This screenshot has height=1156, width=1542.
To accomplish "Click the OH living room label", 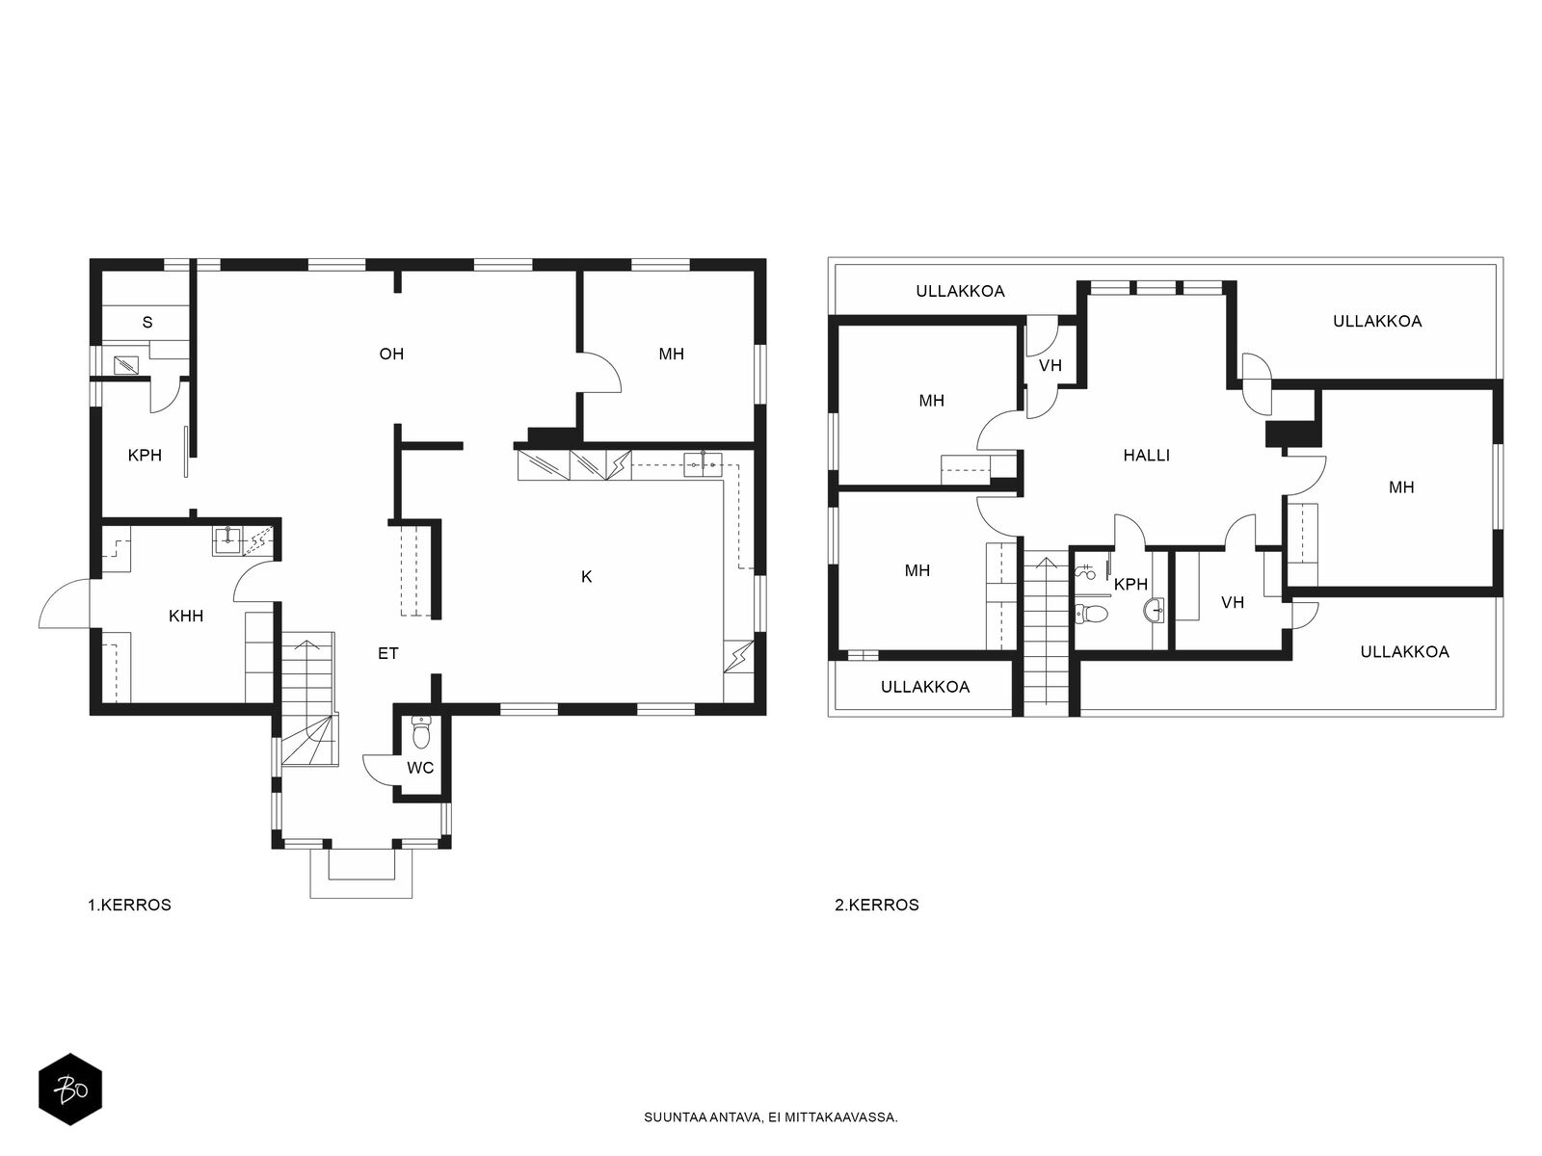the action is tap(391, 354).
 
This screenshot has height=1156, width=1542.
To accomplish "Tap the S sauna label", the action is tap(147, 322).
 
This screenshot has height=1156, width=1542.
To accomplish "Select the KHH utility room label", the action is tap(186, 616).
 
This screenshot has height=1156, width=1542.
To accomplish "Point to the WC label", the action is tap(420, 768).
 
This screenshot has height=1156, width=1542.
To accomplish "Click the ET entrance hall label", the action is tap(388, 653).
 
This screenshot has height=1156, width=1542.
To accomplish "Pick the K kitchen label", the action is tap(587, 576).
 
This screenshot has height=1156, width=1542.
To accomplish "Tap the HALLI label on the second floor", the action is tap(1147, 456).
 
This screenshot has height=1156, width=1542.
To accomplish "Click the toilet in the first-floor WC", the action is tap(421, 733).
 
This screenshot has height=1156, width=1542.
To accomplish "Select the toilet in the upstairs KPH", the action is tap(1090, 615).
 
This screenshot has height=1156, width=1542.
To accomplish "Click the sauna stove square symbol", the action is tap(125, 365).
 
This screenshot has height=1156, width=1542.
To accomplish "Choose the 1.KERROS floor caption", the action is tap(129, 905).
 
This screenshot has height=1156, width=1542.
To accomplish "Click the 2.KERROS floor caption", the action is tap(877, 905).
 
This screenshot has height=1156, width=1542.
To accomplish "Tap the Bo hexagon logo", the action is tap(70, 1089).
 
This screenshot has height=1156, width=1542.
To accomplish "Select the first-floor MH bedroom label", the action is tap(672, 354).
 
